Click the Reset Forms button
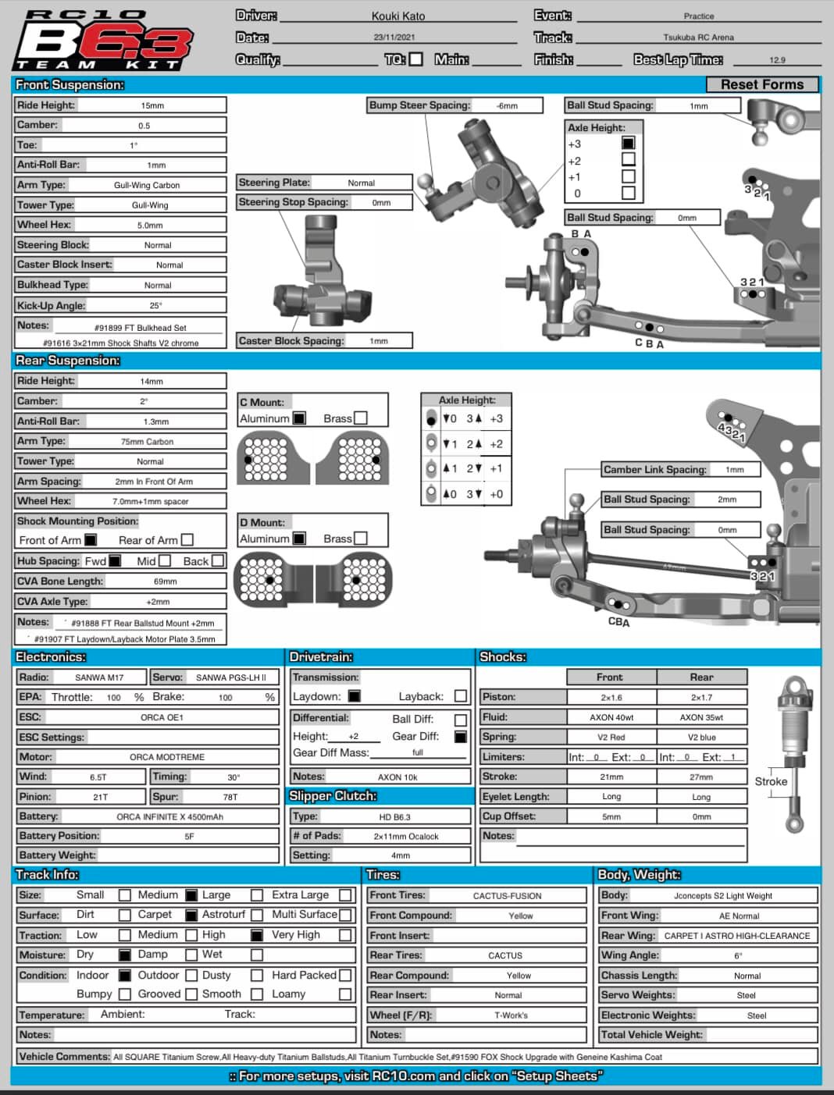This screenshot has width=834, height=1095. (x=762, y=84)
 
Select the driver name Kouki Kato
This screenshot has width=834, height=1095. (x=398, y=16)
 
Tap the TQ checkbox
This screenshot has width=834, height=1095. (x=416, y=59)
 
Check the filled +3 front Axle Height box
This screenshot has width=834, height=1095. (x=628, y=143)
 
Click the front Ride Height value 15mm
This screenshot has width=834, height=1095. (x=152, y=105)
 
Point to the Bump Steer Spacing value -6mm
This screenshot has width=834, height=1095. (x=507, y=105)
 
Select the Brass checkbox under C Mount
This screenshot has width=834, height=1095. (x=361, y=418)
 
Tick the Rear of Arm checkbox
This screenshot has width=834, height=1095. (x=187, y=540)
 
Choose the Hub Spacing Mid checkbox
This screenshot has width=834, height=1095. (x=165, y=561)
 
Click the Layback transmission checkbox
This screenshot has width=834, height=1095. (x=461, y=696)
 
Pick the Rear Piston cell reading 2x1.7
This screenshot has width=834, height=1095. (x=701, y=697)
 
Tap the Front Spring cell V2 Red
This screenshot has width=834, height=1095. (x=611, y=737)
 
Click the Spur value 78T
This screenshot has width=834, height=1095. (x=230, y=797)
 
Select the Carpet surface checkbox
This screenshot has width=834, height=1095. (x=191, y=915)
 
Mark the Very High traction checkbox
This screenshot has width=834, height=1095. (x=345, y=935)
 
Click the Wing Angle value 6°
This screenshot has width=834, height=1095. (x=738, y=955)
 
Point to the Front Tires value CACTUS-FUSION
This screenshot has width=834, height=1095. (x=507, y=896)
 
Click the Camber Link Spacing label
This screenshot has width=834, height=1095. (x=654, y=470)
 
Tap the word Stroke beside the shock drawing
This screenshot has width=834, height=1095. (x=771, y=781)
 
